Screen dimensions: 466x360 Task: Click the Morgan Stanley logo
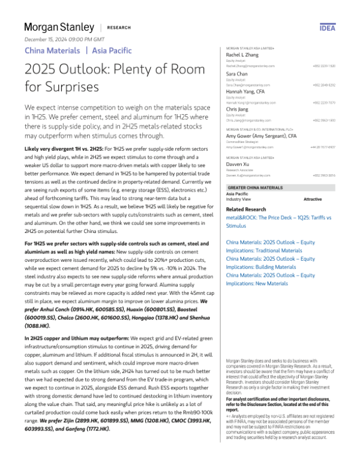point(59,28)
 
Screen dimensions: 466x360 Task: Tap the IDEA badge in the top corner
point(344,28)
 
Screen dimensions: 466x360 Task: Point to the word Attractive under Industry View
point(313,199)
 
